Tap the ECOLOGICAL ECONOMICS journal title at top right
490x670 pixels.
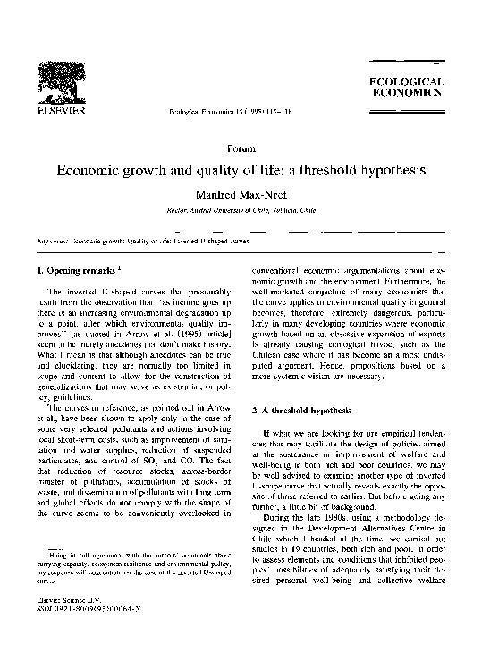pos(406,87)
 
